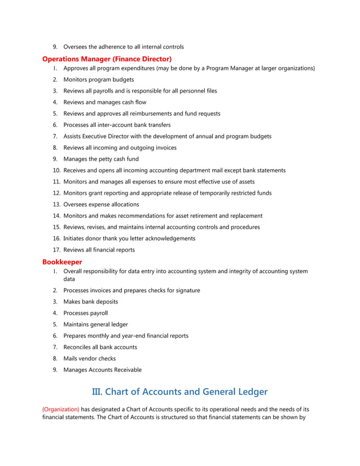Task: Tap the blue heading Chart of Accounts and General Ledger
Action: point(179,391)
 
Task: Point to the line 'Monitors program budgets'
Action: point(99,80)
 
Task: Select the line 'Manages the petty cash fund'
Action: point(101,159)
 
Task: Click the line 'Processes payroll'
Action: point(85,313)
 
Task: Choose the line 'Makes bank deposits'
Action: point(91,302)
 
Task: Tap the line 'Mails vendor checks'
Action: point(90,358)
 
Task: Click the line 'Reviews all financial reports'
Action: point(99,250)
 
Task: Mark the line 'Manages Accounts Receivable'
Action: point(103,370)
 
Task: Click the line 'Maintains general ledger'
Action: point(95,324)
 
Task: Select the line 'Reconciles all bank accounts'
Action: point(100,347)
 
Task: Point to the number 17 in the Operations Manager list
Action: point(56,250)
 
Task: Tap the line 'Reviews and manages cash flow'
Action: point(105,102)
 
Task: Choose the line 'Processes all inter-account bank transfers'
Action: point(117,125)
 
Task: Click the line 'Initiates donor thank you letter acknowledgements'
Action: point(129,239)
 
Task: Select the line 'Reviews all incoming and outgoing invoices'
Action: point(120,148)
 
